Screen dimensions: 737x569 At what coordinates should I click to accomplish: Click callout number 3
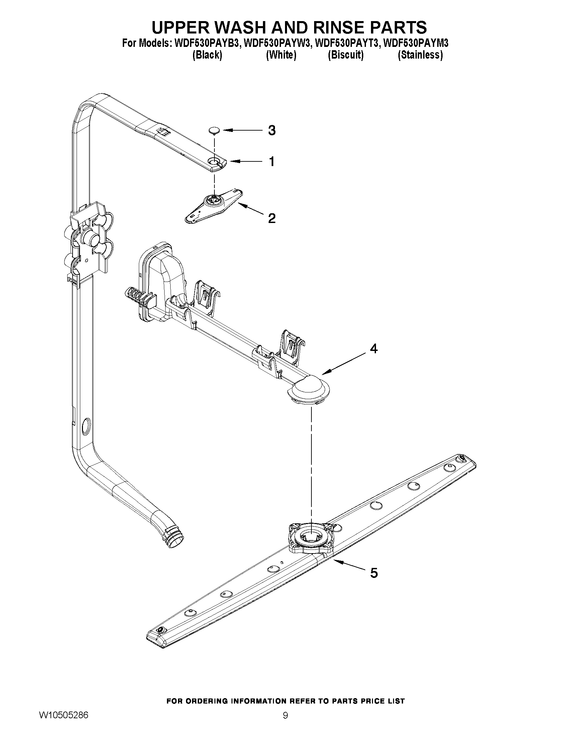(x=272, y=130)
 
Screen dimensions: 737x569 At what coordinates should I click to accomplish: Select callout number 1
(x=272, y=162)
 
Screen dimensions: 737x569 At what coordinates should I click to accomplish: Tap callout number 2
(x=272, y=218)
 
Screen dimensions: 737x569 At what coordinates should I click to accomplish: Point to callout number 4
(x=374, y=349)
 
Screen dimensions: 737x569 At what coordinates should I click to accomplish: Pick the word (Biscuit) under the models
(x=346, y=55)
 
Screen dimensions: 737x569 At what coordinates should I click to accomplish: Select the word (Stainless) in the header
(x=420, y=55)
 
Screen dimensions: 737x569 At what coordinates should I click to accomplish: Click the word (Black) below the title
(x=207, y=55)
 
